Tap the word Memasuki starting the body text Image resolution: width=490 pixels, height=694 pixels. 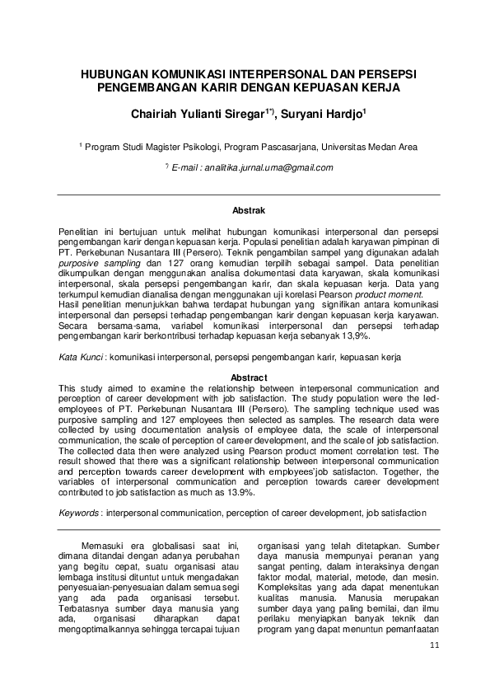(107, 545)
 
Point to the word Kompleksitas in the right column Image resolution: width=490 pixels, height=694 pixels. (287, 588)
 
